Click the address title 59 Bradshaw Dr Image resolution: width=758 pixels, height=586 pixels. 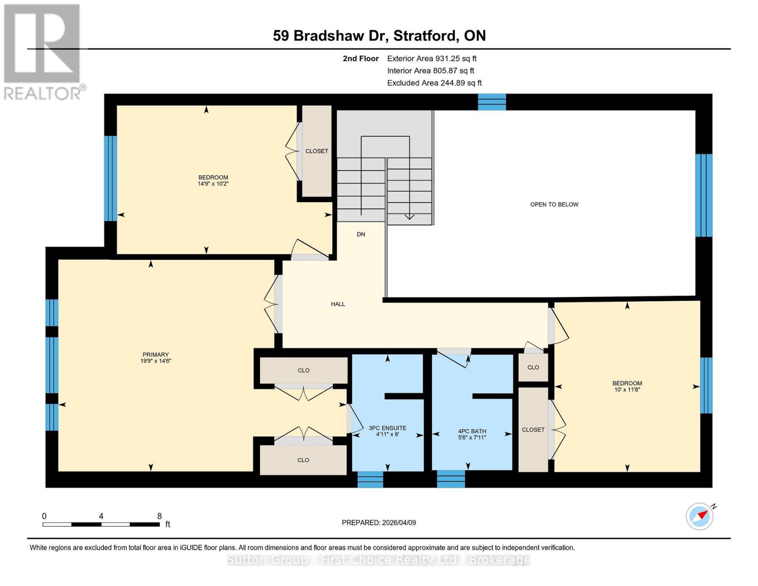click(379, 36)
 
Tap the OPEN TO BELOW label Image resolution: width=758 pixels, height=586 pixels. click(554, 205)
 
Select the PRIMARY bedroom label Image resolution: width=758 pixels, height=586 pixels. click(156, 355)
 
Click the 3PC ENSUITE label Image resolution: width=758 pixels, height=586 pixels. click(388, 428)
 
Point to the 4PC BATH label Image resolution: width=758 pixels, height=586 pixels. click(472, 431)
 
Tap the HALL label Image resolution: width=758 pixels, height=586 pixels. click(338, 304)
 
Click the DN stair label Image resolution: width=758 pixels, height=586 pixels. click(361, 234)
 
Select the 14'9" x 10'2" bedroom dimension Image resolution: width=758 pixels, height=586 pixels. click(213, 184)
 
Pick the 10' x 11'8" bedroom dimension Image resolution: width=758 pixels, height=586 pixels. click(627, 390)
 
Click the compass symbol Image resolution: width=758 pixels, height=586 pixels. click(699, 516)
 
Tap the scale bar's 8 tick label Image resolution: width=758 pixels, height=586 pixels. click(160, 516)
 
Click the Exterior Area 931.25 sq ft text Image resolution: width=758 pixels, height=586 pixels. click(431, 59)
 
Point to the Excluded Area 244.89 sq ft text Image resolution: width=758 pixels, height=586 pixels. click(434, 83)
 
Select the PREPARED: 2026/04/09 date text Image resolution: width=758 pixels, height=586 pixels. click(379, 523)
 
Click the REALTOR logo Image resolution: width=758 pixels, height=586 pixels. click(43, 52)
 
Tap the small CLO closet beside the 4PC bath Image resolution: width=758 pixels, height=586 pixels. click(533, 367)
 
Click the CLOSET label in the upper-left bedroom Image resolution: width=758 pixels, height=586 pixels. click(317, 151)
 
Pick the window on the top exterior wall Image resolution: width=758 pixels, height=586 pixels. click(492, 102)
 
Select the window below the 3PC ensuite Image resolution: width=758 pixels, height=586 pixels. click(370, 480)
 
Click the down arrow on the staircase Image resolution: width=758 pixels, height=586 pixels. click(409, 216)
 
